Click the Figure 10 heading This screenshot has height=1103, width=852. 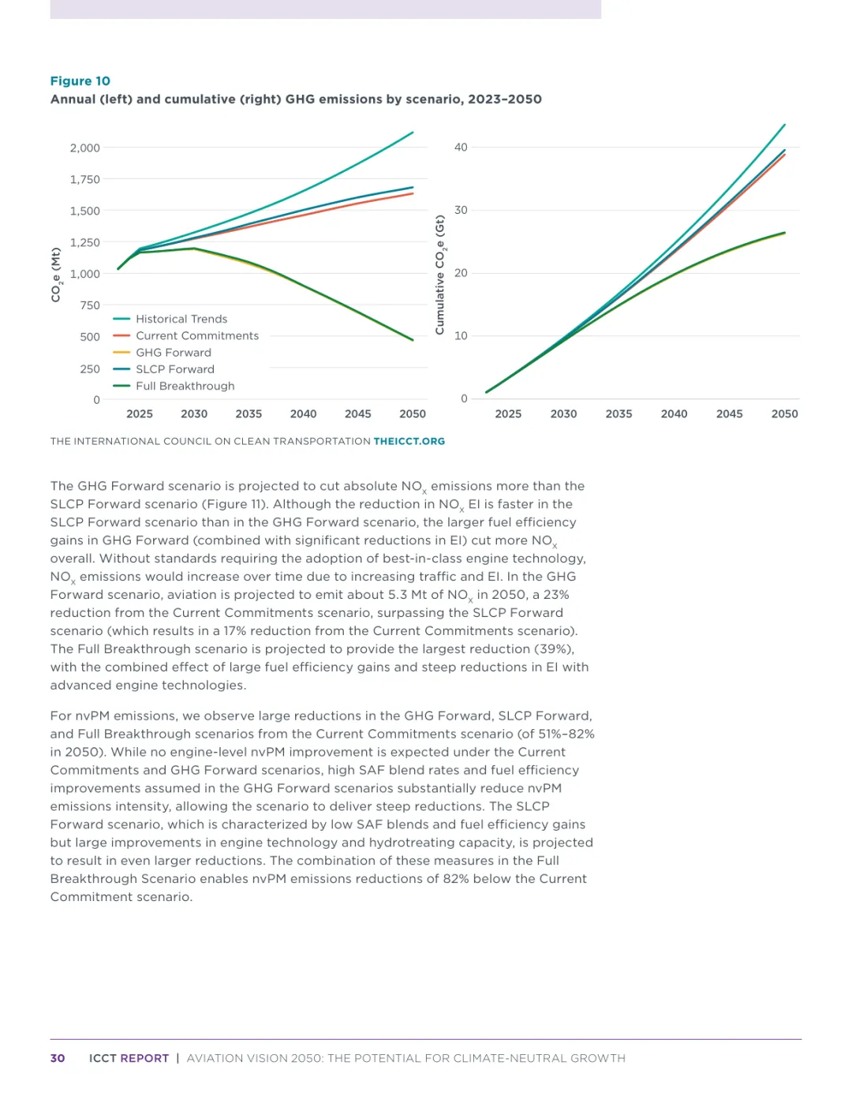pos(80,81)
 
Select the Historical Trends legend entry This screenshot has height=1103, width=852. pos(181,319)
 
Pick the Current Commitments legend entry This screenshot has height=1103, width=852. pos(196,336)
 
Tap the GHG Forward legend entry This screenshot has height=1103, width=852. pos(173,353)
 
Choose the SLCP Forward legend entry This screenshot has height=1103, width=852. pos(174,369)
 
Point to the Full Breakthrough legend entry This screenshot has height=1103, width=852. pos(185,386)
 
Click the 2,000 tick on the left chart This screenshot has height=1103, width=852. pos(85,148)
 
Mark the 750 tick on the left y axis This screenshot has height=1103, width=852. pos(90,305)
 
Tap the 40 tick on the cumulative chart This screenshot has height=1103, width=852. pos(461,148)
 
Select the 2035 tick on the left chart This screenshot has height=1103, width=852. pos(248,414)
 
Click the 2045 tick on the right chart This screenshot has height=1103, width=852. pos(729,414)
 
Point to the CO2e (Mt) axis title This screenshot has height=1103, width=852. pos(56,275)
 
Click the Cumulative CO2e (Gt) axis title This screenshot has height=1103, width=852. pos(440,275)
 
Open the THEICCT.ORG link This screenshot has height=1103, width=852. pos(409,442)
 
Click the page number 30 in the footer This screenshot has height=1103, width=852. pos(58,1059)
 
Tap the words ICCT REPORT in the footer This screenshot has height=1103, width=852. pos(129,1059)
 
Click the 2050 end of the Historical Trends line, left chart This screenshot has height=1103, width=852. pos(413,133)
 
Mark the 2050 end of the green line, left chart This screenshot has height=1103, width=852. pos(413,340)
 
